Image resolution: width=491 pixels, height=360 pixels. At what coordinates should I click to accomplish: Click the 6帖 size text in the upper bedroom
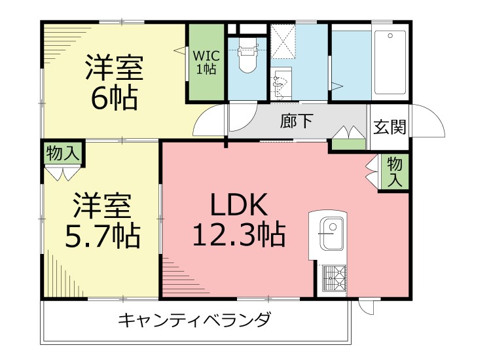tap(114, 98)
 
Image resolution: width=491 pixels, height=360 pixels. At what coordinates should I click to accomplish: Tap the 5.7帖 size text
tap(102, 235)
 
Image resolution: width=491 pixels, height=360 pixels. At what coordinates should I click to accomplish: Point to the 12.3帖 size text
tap(238, 234)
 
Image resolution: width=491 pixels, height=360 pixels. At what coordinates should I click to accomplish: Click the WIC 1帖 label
tap(205, 61)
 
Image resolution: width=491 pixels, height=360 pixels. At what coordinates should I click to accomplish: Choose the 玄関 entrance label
tap(390, 126)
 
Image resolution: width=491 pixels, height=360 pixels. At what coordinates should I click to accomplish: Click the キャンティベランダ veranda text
tap(194, 321)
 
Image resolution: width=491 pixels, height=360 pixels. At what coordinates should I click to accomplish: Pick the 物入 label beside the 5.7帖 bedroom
tap(64, 154)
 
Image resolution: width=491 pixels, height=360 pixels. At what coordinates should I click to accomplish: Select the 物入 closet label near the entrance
tap(394, 172)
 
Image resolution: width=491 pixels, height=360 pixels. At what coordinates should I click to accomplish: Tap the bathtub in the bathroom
tap(390, 63)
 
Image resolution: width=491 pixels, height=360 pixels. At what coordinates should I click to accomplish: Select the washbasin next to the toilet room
tap(281, 84)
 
